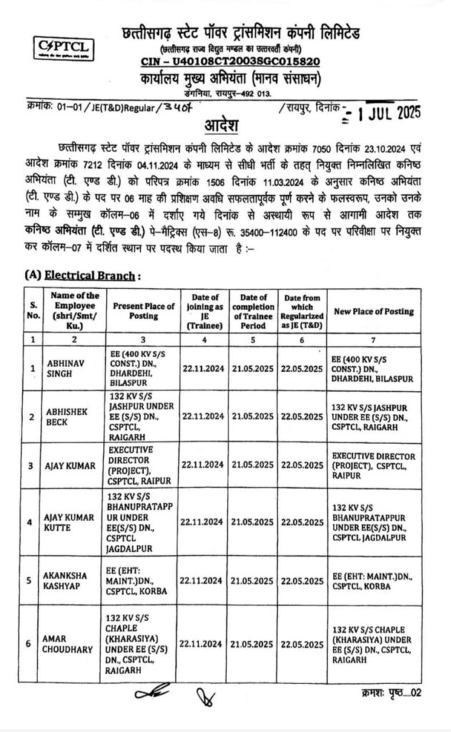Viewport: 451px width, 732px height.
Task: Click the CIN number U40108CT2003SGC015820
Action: pos(236,63)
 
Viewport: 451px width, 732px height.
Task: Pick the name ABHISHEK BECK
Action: pos(66,416)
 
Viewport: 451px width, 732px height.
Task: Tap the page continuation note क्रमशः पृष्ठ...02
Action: pos(390,693)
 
